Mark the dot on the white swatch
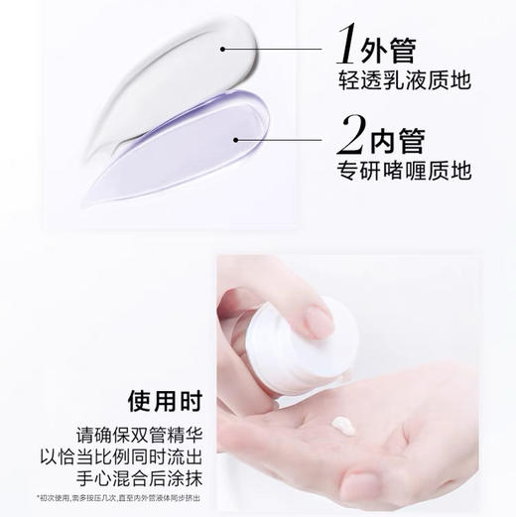tap(224, 47)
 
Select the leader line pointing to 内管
tap(288, 124)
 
